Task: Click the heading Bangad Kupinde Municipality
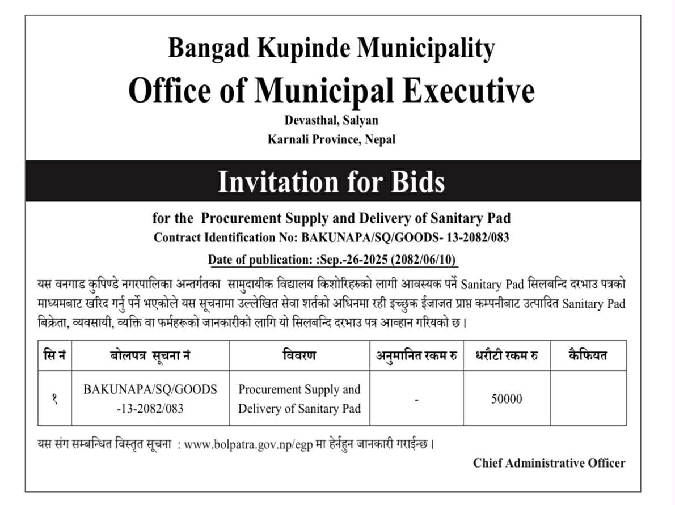tap(331, 49)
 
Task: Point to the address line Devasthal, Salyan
tap(331, 121)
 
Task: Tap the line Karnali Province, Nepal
tap(331, 139)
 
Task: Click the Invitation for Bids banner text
tap(331, 182)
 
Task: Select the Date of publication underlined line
tap(332, 260)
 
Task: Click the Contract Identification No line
tap(331, 238)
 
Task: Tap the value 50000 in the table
tap(506, 399)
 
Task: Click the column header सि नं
tap(54, 356)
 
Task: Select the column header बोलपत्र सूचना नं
tap(150, 356)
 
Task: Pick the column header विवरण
tap(299, 356)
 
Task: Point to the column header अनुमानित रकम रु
tap(416, 356)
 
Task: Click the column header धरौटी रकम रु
tap(506, 356)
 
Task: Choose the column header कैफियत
tap(588, 356)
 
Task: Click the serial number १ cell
tap(54, 399)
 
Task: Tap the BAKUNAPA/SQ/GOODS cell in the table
tap(150, 398)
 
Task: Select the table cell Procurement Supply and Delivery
tap(299, 398)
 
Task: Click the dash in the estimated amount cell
tap(416, 400)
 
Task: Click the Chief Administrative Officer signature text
tap(549, 463)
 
